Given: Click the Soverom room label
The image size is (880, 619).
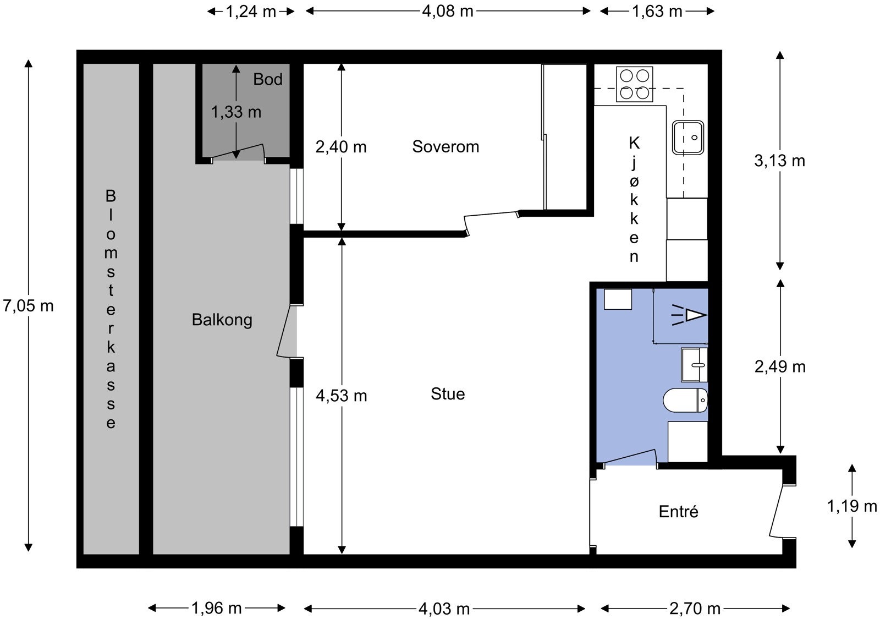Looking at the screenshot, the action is coord(446,146).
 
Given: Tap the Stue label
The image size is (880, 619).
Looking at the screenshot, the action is coord(448,394).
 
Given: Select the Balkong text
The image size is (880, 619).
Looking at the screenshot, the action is coord(222,320).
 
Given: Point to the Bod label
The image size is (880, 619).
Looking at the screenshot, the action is coord(267,79).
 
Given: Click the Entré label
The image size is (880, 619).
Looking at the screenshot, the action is coord(679,511).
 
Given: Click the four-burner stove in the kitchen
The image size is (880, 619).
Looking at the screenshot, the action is coord(635,84).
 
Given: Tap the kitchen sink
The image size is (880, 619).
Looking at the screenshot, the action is coord(687,138).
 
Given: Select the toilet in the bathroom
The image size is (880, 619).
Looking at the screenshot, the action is coord(685,401).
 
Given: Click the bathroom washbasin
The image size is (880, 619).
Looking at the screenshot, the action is coord(694,365).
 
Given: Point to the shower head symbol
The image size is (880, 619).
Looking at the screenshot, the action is coord(689,315).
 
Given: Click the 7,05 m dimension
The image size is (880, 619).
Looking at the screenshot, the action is coord(28,306).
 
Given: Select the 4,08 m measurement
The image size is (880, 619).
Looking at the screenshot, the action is coord(448,12).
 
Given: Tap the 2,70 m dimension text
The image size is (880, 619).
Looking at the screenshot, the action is coord(695,609).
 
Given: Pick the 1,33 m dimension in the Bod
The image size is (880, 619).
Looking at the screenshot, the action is coord(236,112).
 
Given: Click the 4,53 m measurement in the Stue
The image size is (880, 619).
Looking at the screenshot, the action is coord(342,396).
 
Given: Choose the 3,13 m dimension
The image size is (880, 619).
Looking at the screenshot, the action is coord(779,161).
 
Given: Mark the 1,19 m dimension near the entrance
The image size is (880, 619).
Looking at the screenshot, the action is coord(852,506).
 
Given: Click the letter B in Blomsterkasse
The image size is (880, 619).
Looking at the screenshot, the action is coord(111,196).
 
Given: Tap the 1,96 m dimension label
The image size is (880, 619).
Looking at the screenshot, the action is coord(217,609).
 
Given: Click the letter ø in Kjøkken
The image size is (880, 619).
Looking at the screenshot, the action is coord(634,181).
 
